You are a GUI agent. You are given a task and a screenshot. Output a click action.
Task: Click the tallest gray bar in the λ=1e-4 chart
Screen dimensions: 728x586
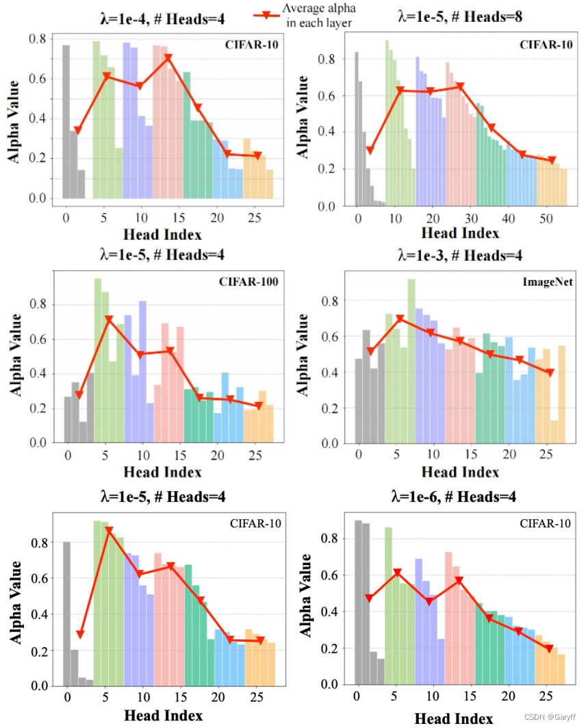click(66, 121)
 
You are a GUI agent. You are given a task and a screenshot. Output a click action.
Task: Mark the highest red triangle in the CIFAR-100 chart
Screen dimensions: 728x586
click(109, 320)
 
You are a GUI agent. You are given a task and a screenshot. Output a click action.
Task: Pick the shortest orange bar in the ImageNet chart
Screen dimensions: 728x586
click(554, 431)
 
